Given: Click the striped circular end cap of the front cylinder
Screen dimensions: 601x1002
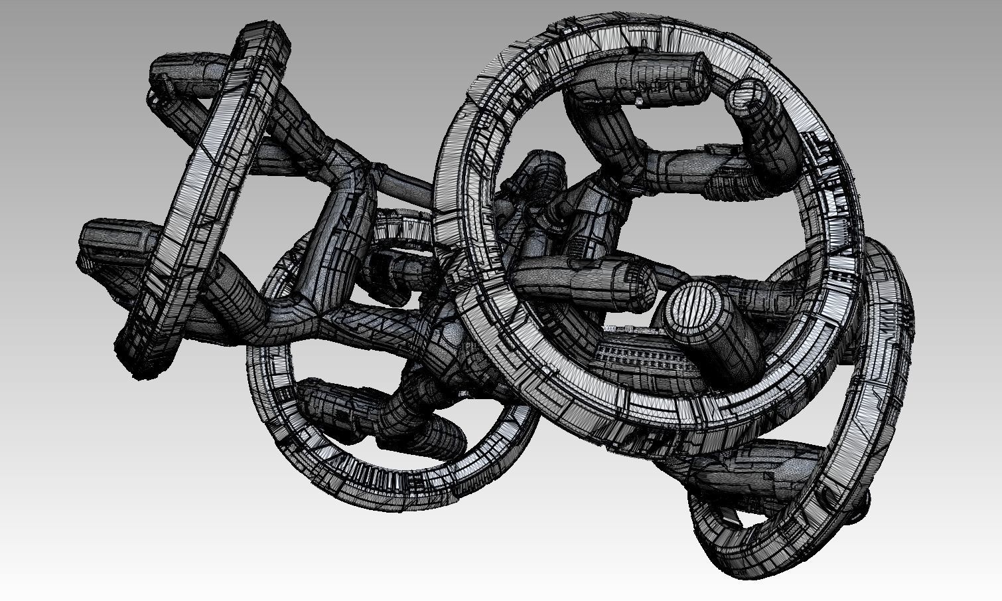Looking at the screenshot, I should [692, 307].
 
